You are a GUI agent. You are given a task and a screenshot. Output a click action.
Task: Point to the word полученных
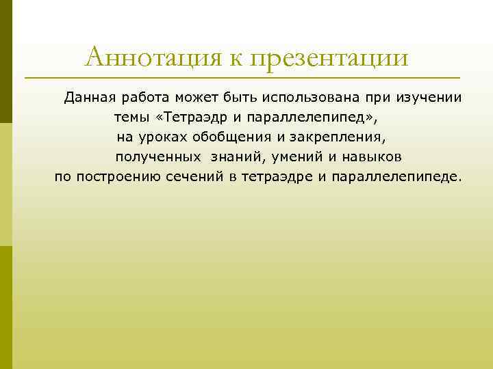point(157,157)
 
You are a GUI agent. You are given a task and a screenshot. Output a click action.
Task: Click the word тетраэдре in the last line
point(277,177)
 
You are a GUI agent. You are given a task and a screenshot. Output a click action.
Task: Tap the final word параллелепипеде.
point(396,177)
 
